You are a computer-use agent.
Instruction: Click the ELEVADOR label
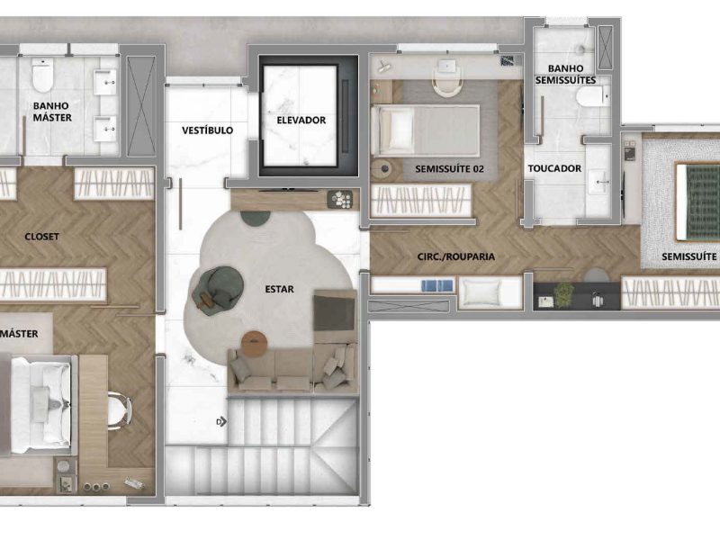click(301, 120)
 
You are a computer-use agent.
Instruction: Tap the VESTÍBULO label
click(207, 130)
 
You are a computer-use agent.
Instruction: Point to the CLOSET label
click(41, 237)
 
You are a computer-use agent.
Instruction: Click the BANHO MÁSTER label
click(51, 111)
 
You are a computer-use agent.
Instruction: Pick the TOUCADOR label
click(554, 168)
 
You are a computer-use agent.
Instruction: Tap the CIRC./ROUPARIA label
click(456, 256)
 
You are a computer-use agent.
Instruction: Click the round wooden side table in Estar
click(256, 343)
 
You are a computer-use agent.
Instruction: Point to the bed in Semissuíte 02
click(425, 130)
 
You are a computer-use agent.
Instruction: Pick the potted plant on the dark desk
click(564, 292)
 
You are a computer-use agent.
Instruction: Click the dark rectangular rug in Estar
click(333, 309)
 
